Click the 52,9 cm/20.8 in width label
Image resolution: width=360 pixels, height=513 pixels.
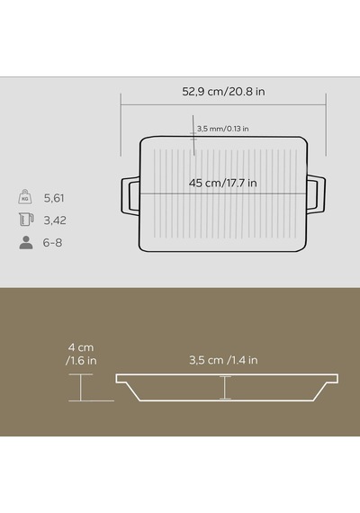223,91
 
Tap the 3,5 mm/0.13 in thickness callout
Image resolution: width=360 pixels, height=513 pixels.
223,129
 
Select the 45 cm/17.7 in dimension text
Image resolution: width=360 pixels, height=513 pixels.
223,183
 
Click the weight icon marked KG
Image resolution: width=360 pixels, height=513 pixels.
25,197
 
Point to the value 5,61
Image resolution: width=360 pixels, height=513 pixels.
54,198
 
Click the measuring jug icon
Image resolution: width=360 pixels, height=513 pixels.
26,220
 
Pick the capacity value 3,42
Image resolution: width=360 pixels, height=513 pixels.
55,220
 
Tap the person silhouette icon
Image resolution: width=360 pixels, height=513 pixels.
26,242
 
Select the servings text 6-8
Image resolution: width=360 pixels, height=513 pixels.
52,243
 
